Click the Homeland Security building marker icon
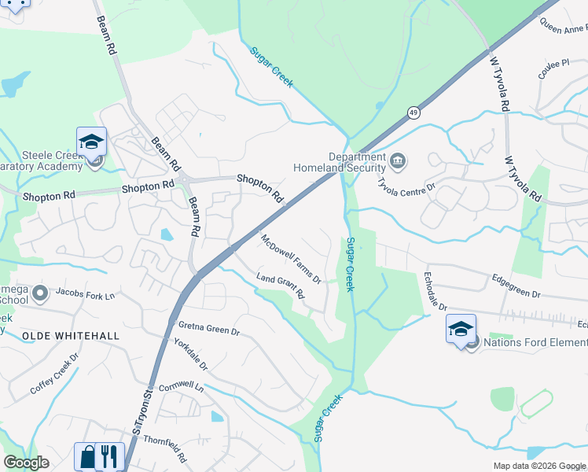(x=398, y=163)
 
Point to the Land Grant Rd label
(x=281, y=286)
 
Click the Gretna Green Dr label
(x=208, y=329)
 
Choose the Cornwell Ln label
(x=180, y=388)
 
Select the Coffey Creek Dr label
(x=55, y=373)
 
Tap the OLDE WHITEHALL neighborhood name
(x=71, y=336)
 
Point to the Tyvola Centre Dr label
(x=406, y=187)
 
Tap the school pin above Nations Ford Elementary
(x=461, y=330)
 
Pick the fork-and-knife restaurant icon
(x=111, y=457)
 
